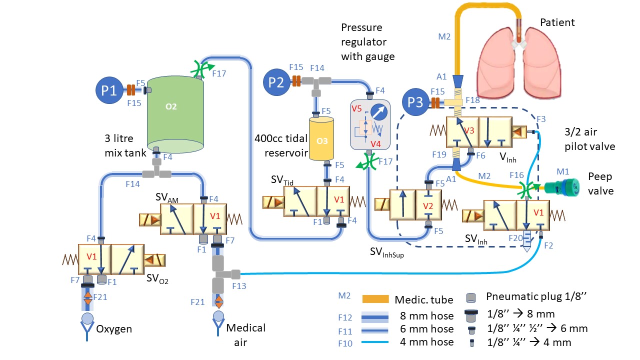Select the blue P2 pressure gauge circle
(276, 81)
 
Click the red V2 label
(427, 206)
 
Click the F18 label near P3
(472, 100)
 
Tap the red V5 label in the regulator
(356, 109)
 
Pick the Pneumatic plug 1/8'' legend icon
(470, 297)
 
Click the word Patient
(557, 22)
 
